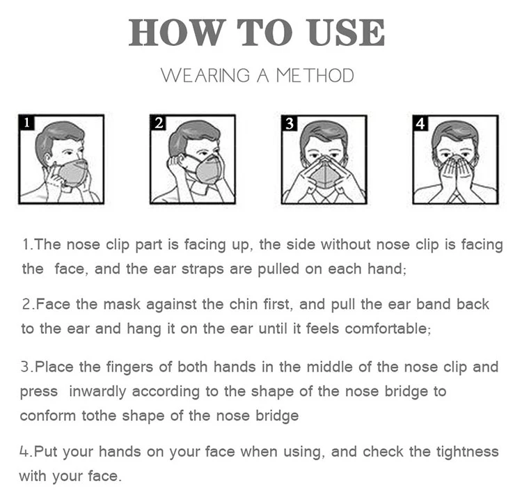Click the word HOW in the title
click(x=177, y=32)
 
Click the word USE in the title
click(x=347, y=32)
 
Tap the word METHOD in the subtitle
click(x=315, y=76)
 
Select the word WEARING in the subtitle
click(x=205, y=76)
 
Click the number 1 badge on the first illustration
click(x=26, y=122)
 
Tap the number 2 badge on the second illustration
click(x=158, y=122)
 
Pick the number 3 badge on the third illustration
click(x=290, y=122)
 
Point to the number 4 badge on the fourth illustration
click(x=420, y=123)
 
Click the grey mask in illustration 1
click(x=72, y=172)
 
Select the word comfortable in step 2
click(x=386, y=329)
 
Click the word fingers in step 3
click(x=130, y=367)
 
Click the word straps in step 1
click(x=203, y=269)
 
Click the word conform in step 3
click(x=47, y=416)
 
